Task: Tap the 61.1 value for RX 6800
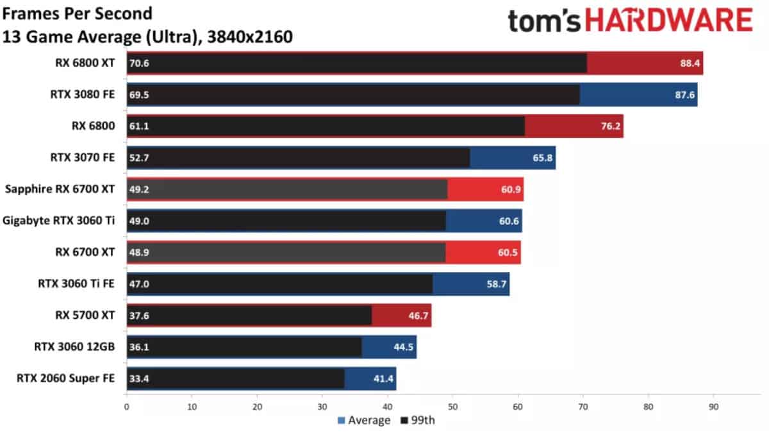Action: (x=139, y=126)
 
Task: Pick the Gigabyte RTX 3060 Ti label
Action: (x=59, y=221)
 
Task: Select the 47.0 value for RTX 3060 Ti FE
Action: (x=139, y=284)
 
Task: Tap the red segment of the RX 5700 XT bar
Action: (x=401, y=316)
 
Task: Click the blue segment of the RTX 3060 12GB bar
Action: (x=389, y=347)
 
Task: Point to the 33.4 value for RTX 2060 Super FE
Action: (x=139, y=378)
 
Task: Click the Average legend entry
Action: (x=363, y=420)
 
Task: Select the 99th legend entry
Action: (x=420, y=420)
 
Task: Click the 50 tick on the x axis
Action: (x=452, y=406)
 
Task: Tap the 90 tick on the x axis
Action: (x=713, y=406)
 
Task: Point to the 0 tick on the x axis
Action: (x=127, y=406)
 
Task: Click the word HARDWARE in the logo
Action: (x=669, y=21)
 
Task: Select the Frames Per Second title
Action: (x=78, y=13)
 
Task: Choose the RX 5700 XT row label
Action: (x=85, y=316)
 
